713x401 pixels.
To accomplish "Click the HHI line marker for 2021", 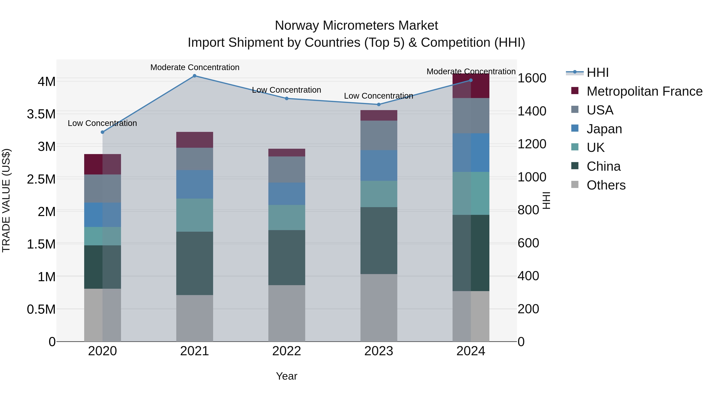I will [x=194, y=76].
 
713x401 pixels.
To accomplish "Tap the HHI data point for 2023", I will [x=379, y=105].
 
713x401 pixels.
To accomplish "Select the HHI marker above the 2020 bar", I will [x=102, y=132].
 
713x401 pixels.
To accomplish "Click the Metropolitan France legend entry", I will [x=644, y=91].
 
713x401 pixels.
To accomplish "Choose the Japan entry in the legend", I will [x=604, y=129].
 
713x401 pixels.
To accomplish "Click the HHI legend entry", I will [x=597, y=72].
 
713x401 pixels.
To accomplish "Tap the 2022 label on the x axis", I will [x=286, y=351].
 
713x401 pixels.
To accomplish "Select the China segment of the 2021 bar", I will [x=194, y=263].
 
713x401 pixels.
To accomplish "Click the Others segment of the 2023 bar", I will [x=379, y=308].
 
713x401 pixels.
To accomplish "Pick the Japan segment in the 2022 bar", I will [x=286, y=194].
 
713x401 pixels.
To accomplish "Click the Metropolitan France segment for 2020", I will [x=102, y=164].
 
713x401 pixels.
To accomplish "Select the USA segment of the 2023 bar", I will [x=379, y=135].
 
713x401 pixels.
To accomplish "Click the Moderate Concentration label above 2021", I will [x=194, y=68].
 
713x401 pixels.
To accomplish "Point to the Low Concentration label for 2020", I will [x=102, y=123].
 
